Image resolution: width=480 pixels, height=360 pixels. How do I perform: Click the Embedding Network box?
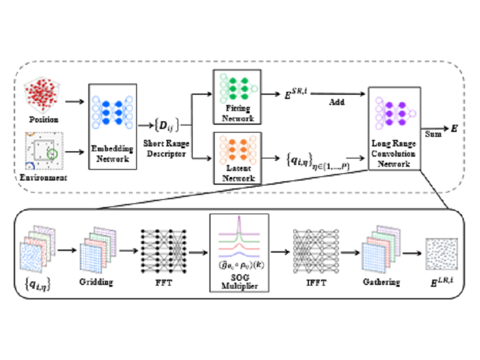pos(113,123)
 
